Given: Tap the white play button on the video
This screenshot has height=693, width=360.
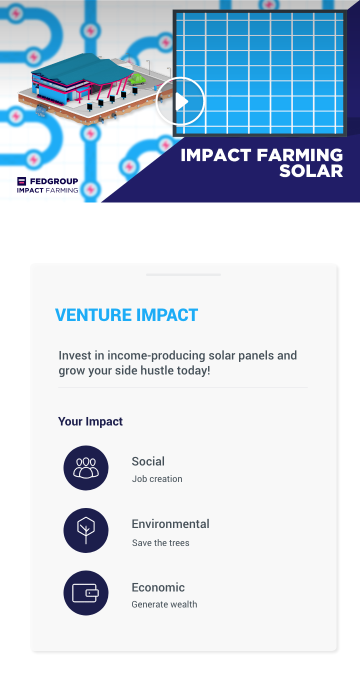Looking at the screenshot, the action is click(x=180, y=101).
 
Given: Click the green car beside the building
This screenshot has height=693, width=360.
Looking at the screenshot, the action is click(x=137, y=79).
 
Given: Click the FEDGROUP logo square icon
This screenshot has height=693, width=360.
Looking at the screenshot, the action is click(x=21, y=181).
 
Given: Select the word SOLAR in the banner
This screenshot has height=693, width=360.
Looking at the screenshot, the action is click(x=311, y=171).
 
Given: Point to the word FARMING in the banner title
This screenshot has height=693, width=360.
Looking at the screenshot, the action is click(x=299, y=155).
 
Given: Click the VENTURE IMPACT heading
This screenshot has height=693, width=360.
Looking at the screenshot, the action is click(x=126, y=315).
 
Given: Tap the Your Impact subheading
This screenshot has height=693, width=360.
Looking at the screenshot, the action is click(x=90, y=421).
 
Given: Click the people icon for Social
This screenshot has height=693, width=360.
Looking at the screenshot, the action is click(x=86, y=468).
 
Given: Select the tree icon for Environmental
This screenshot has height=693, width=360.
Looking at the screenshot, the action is click(x=86, y=530).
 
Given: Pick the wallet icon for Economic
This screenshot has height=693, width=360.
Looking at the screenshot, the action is click(x=86, y=593).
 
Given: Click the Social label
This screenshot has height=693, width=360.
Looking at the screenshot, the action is click(x=148, y=461).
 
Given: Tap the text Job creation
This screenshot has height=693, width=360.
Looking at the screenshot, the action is click(x=157, y=479).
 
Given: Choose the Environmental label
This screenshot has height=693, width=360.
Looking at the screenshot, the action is click(x=170, y=524).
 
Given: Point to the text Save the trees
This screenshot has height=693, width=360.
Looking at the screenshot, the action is click(x=161, y=543).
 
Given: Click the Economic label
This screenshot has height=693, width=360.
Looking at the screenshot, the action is click(x=158, y=587).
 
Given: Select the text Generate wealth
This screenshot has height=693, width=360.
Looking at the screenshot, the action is click(x=164, y=604).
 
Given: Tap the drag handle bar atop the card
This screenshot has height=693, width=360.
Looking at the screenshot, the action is click(x=183, y=274).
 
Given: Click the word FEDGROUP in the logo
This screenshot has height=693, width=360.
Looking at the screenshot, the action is click(x=54, y=181).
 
